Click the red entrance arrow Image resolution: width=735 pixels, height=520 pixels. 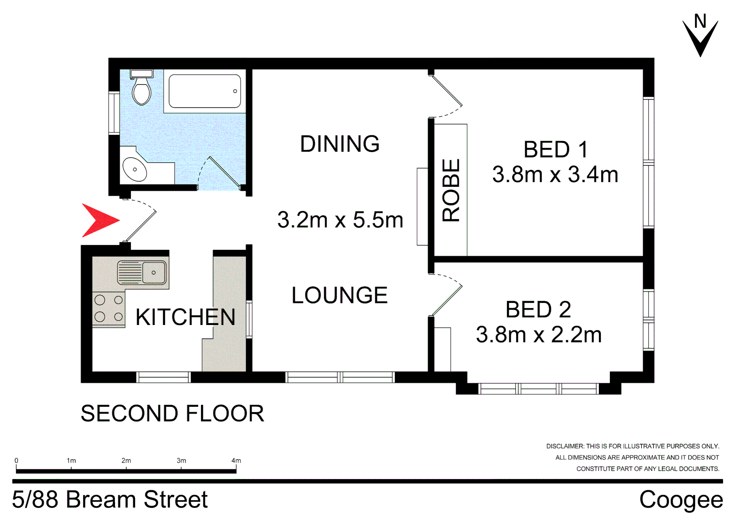pyautogui.click(x=99, y=221)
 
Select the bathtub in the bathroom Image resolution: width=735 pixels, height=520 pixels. pyautogui.click(x=204, y=91)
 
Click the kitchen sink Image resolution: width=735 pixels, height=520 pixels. pyautogui.click(x=143, y=273)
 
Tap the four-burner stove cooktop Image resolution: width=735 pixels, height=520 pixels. pyautogui.click(x=109, y=309)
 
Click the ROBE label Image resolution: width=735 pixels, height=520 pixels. pyautogui.click(x=451, y=190)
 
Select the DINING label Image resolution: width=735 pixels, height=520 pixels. pyautogui.click(x=340, y=144)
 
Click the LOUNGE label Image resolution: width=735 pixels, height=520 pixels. pyautogui.click(x=340, y=295)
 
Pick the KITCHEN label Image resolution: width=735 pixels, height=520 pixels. pyautogui.click(x=185, y=317)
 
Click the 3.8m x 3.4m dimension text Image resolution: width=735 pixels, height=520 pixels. pyautogui.click(x=555, y=175)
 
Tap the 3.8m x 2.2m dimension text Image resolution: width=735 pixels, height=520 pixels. pyautogui.click(x=539, y=335)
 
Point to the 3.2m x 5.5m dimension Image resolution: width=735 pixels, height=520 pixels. pyautogui.click(x=340, y=220)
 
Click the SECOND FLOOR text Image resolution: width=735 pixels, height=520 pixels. pyautogui.click(x=172, y=414)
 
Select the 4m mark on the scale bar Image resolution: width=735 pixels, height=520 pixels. pyautogui.click(x=236, y=461)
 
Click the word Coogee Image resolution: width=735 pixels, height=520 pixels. pyautogui.click(x=681, y=500)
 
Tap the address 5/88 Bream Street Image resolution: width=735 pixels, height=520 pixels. pyautogui.click(x=110, y=500)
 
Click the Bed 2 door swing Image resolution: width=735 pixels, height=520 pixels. pyautogui.click(x=446, y=293)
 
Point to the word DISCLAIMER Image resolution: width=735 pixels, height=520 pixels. pyautogui.click(x=565, y=446)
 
